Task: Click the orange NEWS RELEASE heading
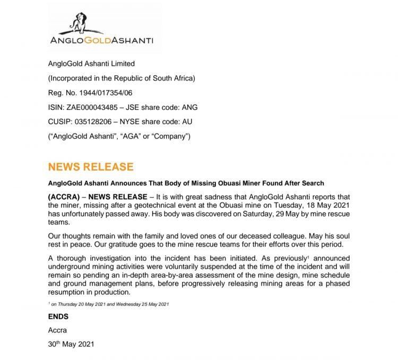[91, 166]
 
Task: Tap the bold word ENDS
[58, 317]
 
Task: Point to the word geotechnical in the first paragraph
[149, 204]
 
